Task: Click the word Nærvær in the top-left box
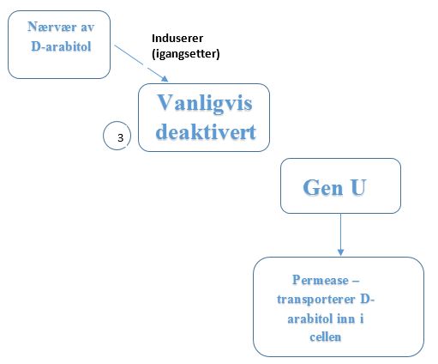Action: pyautogui.click(x=52, y=27)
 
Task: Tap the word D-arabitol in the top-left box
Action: pyautogui.click(x=61, y=46)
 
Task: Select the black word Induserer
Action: pyautogui.click(x=177, y=39)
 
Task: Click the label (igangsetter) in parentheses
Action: pyautogui.click(x=186, y=54)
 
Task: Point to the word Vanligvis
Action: pyautogui.click(x=205, y=103)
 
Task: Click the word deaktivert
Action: pyautogui.click(x=206, y=132)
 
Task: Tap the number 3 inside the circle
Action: pyautogui.click(x=120, y=138)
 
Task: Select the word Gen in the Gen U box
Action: pyautogui.click(x=323, y=187)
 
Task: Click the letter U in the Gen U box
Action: pyautogui.click(x=358, y=187)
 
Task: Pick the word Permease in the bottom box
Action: pyautogui.click(x=321, y=280)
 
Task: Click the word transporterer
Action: pyautogui.click(x=316, y=300)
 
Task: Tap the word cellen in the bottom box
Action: pyautogui.click(x=326, y=337)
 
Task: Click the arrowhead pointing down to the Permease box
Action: pyautogui.click(x=340, y=252)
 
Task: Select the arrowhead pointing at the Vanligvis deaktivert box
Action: pyautogui.click(x=165, y=79)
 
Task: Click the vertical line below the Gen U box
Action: pyautogui.click(x=340, y=231)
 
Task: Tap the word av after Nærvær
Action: pyautogui.click(x=87, y=27)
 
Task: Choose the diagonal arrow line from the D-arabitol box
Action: pyautogui.click(x=141, y=64)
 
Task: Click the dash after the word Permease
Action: pyautogui.click(x=356, y=282)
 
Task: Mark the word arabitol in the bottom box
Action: pyautogui.click(x=311, y=318)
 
